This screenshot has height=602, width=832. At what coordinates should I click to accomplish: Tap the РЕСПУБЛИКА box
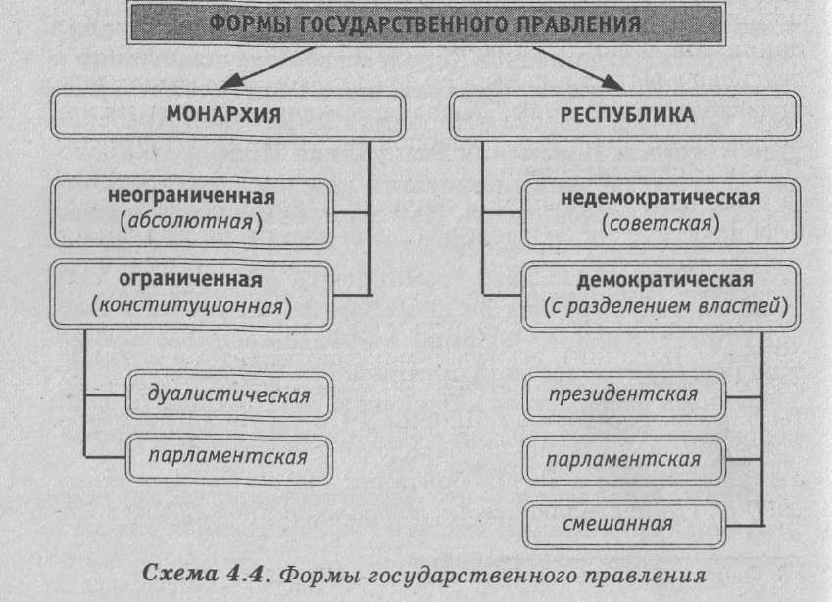pyautogui.click(x=626, y=115)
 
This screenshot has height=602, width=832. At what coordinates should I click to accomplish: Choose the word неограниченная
pyautogui.click(x=191, y=196)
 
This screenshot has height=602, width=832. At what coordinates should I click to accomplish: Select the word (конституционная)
pyautogui.click(x=191, y=306)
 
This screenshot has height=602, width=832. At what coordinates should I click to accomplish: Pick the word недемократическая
pyautogui.click(x=661, y=197)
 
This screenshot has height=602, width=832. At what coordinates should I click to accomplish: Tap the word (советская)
pyautogui.click(x=661, y=223)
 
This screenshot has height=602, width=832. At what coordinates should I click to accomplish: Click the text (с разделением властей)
pyautogui.click(x=666, y=306)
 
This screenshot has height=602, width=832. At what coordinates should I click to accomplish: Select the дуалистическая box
pyautogui.click(x=228, y=395)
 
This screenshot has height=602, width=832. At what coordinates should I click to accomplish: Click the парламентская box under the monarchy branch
pyautogui.click(x=228, y=455)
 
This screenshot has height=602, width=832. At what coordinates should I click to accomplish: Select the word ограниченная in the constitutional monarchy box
pyautogui.click(x=191, y=280)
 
